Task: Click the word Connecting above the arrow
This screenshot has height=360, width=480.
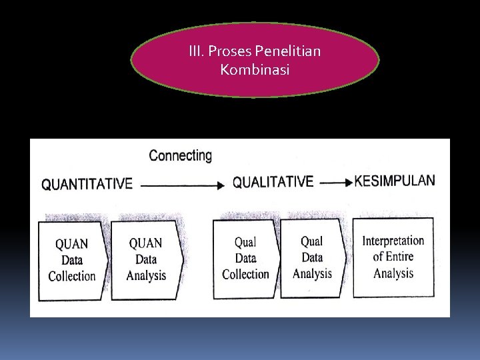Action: tap(180, 156)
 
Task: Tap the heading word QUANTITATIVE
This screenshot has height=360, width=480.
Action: tap(87, 184)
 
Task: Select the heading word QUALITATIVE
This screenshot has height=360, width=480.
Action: tap(273, 182)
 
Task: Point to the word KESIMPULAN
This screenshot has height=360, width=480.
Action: tap(395, 181)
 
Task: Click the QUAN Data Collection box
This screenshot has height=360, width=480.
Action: tap(71, 259)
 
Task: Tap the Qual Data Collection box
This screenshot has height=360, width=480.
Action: tap(245, 259)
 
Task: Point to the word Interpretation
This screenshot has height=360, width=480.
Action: tap(393, 241)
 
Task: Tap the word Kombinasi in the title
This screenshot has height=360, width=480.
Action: tap(255, 69)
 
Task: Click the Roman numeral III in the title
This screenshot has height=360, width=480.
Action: tap(197, 51)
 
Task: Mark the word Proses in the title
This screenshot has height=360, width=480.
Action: tap(231, 51)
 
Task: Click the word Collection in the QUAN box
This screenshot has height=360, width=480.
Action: tap(72, 276)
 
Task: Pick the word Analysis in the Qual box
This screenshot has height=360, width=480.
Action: tap(312, 273)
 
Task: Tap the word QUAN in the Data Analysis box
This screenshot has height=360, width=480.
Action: tap(145, 243)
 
